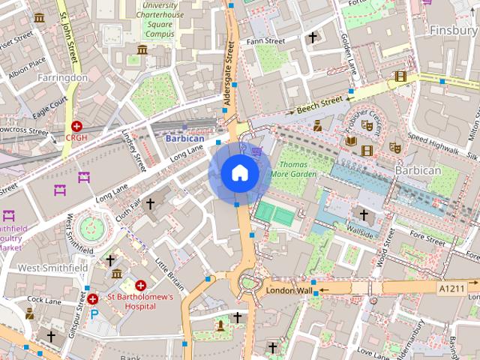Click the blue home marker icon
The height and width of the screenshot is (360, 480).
click(x=239, y=173)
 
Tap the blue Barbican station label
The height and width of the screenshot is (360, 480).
click(x=184, y=139)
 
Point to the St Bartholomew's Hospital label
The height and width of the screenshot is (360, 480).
click(x=140, y=301)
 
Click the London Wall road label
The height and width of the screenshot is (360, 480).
click(x=288, y=290)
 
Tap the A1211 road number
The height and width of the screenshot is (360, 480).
click(x=451, y=287)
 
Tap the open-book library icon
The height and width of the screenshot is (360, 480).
click(x=351, y=140)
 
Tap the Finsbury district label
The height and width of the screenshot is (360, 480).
click(x=453, y=30)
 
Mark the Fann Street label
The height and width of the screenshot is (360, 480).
click(x=266, y=40)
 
